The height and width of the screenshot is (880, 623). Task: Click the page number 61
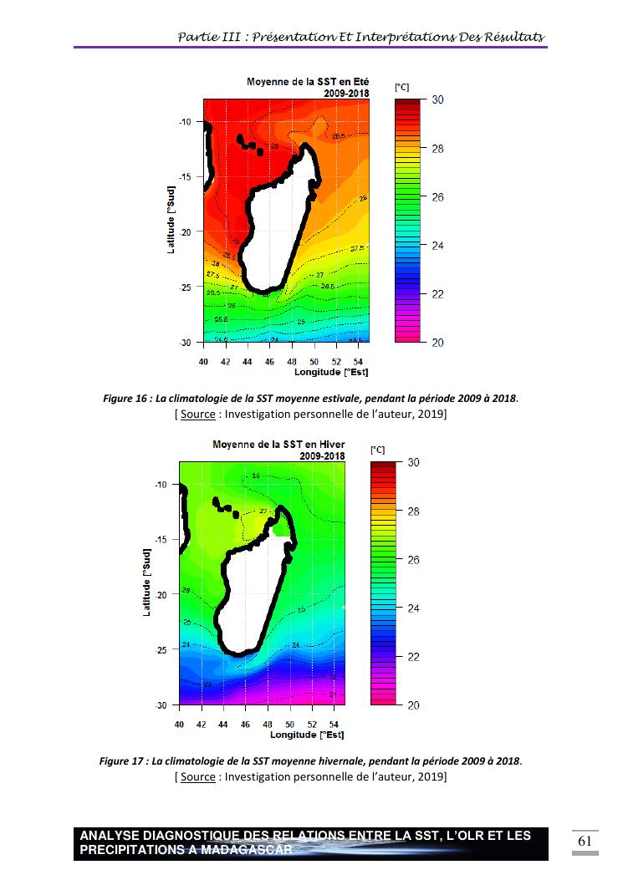tap(585, 841)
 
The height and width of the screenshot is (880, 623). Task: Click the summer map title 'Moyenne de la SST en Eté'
tap(308, 82)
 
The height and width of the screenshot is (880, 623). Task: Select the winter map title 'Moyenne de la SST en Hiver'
tap(278, 444)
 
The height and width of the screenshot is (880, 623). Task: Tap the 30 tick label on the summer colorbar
tap(437, 100)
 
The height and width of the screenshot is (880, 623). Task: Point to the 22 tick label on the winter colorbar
tap(413, 657)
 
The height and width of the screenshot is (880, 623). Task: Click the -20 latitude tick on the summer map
tap(185, 231)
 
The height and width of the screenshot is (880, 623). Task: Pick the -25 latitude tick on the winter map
tap(161, 649)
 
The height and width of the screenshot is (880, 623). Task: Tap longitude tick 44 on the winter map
tap(223, 725)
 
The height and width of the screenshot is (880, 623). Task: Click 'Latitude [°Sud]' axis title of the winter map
tap(147, 583)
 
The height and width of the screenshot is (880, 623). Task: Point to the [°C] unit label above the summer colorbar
tap(401, 87)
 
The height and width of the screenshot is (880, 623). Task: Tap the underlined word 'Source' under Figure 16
tap(197, 415)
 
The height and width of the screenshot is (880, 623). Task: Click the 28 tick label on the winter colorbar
tap(413, 511)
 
